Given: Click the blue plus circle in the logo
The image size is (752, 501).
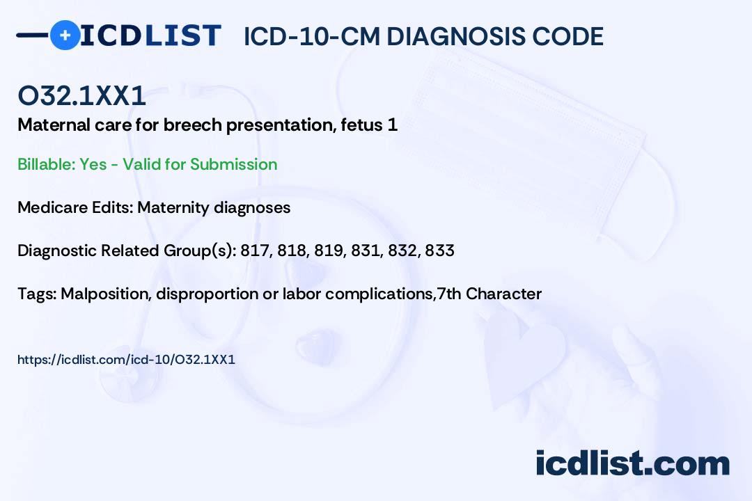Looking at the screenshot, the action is pos(65,35).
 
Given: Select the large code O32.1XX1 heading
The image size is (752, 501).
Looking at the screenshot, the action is pos(81,95).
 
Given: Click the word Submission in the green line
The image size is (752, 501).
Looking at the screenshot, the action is pos(233,164).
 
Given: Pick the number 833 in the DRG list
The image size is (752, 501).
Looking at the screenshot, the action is pos(440,250).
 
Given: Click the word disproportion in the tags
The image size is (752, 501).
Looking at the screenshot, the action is pos(207,294).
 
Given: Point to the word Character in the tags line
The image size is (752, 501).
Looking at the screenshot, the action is pos(503,294).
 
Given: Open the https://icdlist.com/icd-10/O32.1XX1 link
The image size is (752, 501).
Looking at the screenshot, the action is pos(126,360).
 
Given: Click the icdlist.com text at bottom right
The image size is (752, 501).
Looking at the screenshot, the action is pos(632,463).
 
